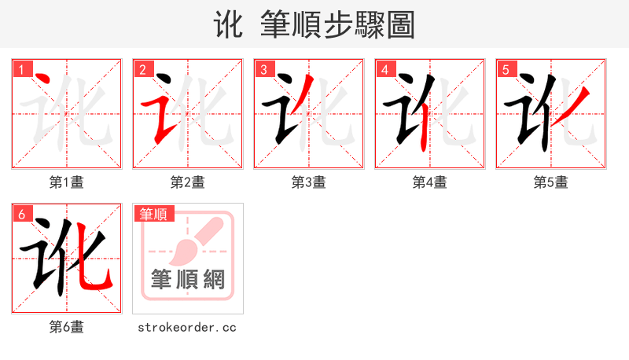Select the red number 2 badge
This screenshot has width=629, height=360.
click(x=142, y=69)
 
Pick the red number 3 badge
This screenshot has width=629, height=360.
click(x=264, y=69)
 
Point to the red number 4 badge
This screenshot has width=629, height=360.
click(x=384, y=69)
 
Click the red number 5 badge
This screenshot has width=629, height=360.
click(x=506, y=69)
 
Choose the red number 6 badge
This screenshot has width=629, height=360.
click(x=22, y=214)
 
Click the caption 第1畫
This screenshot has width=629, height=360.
click(x=67, y=182)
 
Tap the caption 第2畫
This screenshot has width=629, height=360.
click(x=188, y=182)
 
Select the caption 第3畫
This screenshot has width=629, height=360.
click(x=309, y=182)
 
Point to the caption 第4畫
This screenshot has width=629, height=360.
click(x=430, y=182)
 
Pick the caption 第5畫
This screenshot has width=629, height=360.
click(x=551, y=182)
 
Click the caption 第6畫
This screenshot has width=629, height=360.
click(x=67, y=327)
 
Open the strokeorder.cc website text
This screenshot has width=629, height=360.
click(x=187, y=327)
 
